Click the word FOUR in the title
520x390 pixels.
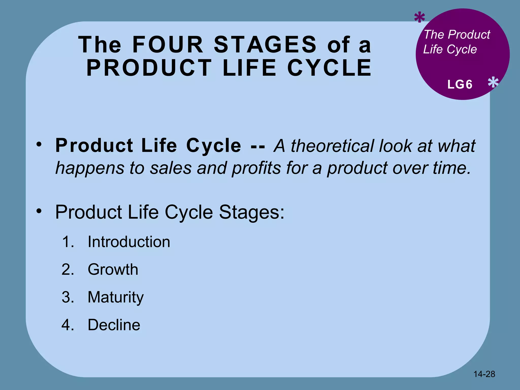click(x=168, y=45)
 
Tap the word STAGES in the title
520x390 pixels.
click(x=265, y=45)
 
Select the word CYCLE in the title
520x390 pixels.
click(x=329, y=68)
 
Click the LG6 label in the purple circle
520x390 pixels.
click(x=460, y=85)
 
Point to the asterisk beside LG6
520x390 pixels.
click(x=493, y=83)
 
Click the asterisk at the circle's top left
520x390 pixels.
click(x=419, y=18)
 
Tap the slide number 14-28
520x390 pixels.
click(x=484, y=374)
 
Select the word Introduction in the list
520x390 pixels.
click(x=129, y=242)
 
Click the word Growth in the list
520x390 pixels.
click(x=113, y=269)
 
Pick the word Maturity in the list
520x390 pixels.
click(x=116, y=297)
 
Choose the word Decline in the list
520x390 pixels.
click(x=114, y=325)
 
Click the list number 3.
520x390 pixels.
click(x=68, y=297)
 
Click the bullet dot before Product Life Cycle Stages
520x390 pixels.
click(x=39, y=210)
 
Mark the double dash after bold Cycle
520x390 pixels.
click(x=257, y=146)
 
